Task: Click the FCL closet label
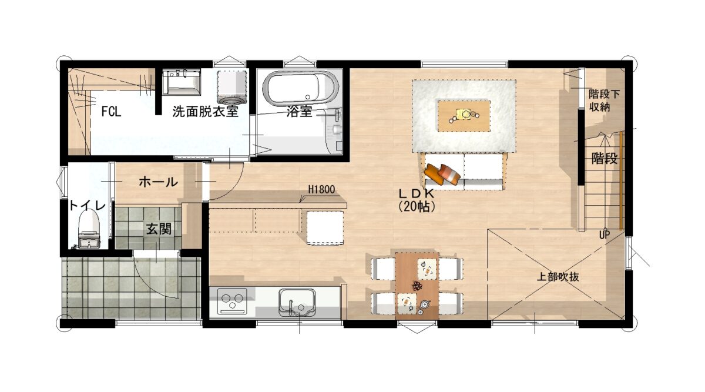tap(111, 112)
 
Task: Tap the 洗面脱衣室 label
tap(205, 112)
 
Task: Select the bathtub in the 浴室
tap(300, 89)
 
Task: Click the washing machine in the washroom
tap(232, 88)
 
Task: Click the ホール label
tap(158, 182)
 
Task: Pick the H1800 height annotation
tap(321, 190)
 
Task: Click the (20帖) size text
tap(417, 206)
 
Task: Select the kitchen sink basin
tap(297, 303)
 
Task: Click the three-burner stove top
tap(233, 301)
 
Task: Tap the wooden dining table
tap(417, 286)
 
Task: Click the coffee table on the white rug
tap(464, 116)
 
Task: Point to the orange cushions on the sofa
tap(442, 174)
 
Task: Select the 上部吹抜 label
tap(558, 277)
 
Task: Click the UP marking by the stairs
tap(605, 234)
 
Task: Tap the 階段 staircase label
tap(605, 158)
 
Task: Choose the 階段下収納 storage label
tap(604, 100)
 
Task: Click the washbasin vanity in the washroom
tap(182, 82)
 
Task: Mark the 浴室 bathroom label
tap(299, 112)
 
